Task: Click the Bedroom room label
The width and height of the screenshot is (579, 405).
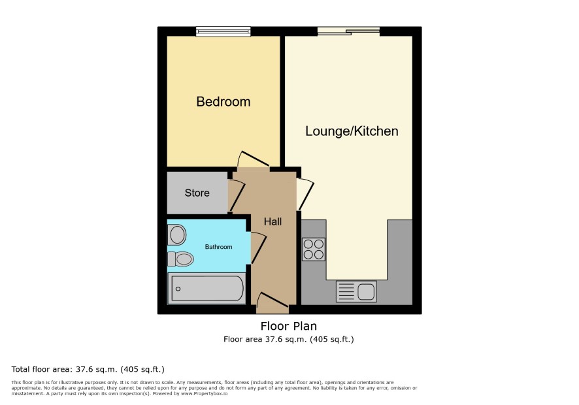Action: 223,101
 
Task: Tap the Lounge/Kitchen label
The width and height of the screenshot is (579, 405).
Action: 352,131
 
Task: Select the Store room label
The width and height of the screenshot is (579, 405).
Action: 197,193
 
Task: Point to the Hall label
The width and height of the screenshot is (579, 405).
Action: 273,221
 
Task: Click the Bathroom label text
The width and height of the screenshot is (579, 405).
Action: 219,247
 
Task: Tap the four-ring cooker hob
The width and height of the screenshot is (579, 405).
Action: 314,249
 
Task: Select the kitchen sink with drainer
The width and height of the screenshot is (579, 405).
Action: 356,291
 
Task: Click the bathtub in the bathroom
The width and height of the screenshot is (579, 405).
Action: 207,288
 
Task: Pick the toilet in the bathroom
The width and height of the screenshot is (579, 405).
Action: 180,259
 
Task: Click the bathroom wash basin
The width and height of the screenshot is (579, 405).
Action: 176,235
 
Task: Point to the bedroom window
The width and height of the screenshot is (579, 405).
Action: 223,31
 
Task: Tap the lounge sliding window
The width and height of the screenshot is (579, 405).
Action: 348,31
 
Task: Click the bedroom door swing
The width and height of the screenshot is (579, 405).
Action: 252,159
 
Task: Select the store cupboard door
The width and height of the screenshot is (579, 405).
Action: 236,195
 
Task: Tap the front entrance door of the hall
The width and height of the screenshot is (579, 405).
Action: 272,299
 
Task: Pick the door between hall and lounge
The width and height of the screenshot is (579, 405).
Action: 305,194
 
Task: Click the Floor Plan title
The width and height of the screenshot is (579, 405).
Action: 289,326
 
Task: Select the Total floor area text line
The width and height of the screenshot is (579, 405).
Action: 88,369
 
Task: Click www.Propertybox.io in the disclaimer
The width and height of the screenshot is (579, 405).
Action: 204,393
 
